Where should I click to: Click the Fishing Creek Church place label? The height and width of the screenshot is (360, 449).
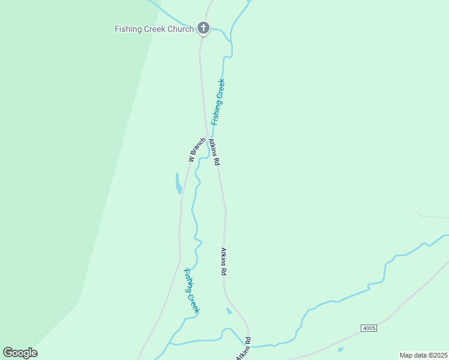[x=154, y=29]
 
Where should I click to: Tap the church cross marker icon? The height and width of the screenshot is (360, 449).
[x=203, y=28]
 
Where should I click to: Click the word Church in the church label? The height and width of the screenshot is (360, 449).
[x=181, y=29]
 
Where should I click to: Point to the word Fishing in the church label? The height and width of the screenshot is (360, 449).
[x=128, y=29]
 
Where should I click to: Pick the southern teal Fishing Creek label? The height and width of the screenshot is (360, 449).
[x=191, y=290]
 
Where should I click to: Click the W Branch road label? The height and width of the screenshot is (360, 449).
[x=196, y=150]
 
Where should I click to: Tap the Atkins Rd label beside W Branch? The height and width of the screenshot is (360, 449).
[x=214, y=152]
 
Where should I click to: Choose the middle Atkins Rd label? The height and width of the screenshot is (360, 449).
[x=223, y=262]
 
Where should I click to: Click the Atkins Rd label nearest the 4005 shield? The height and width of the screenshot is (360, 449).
[x=243, y=351]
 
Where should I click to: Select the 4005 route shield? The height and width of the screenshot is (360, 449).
[x=369, y=328]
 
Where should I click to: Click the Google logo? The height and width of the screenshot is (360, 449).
[x=20, y=353]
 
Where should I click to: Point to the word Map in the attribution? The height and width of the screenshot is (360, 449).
[x=406, y=355]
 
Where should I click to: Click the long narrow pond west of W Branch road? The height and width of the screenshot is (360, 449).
[x=178, y=183]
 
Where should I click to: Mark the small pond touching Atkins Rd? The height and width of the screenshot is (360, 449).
[x=229, y=311]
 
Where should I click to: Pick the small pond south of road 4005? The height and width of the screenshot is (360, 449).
[x=340, y=350]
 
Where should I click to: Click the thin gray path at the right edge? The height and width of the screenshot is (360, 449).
[x=431, y=216]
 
